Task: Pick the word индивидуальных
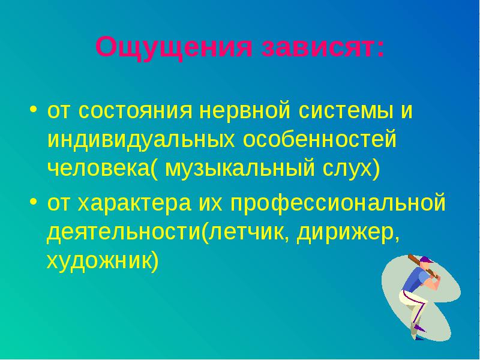tap(141, 140)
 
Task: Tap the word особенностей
tap(320, 140)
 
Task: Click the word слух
tap(347, 170)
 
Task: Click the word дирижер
tap(345, 234)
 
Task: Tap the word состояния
tap(136, 111)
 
